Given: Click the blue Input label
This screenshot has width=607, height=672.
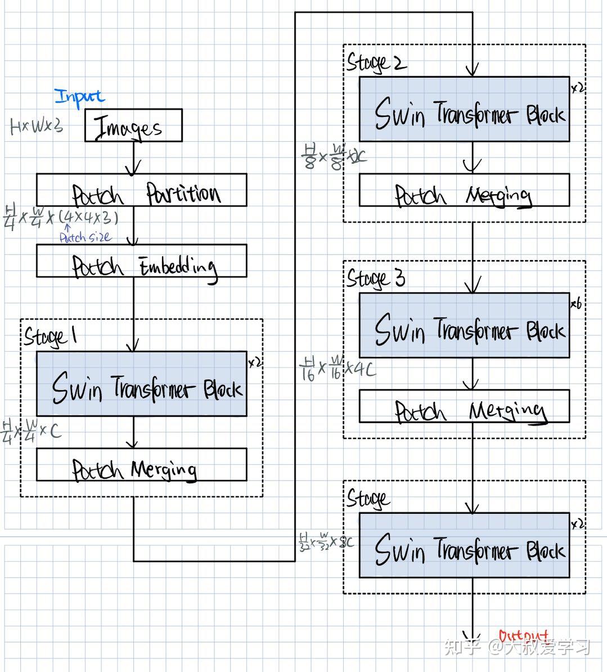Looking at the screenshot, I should pyautogui.click(x=79, y=97).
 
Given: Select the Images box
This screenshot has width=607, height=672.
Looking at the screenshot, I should pyautogui.click(x=133, y=126).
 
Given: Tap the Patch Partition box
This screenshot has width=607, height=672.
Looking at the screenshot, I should pyautogui.click(x=141, y=190).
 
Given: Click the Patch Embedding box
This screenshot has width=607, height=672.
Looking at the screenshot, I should pyautogui.click(x=141, y=261).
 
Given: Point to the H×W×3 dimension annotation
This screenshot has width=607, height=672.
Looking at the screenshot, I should pyautogui.click(x=36, y=126).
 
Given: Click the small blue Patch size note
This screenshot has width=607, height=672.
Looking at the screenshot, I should pyautogui.click(x=85, y=238).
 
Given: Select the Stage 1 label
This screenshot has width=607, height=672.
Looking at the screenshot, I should pyautogui.click(x=50, y=337).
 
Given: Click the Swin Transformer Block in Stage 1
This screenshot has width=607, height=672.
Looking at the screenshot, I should pyautogui.click(x=141, y=384).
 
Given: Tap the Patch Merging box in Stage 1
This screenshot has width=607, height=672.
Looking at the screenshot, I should pyautogui.click(x=141, y=465).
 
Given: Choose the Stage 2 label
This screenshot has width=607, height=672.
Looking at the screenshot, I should pyautogui.click(x=376, y=62).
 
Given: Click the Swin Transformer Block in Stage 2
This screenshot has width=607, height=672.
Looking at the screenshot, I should pyautogui.click(x=464, y=109).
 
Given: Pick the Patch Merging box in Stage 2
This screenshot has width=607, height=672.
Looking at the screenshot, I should pyautogui.click(x=464, y=190).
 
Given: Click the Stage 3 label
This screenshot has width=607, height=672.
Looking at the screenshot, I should pyautogui.click(x=375, y=279).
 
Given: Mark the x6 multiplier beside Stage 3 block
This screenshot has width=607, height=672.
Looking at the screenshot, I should pyautogui.click(x=576, y=304).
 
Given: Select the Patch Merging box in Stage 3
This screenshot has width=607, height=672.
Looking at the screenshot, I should pyautogui.click(x=464, y=407).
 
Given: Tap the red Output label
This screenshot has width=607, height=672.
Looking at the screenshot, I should pyautogui.click(x=523, y=637).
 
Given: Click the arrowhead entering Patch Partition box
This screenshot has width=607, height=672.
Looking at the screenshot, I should pyautogui.click(x=133, y=168).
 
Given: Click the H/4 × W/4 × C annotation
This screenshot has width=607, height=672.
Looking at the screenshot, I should pyautogui.click(x=32, y=431).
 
